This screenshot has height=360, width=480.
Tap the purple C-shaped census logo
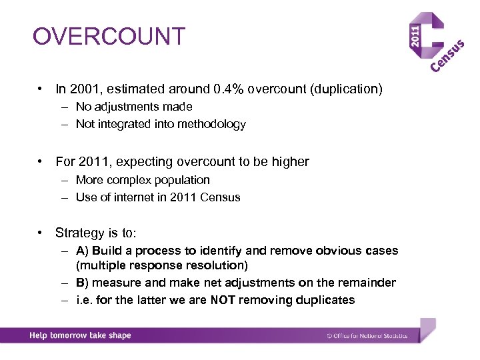point(433,39)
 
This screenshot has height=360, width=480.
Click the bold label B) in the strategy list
point(82,283)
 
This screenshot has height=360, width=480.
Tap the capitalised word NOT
point(223,300)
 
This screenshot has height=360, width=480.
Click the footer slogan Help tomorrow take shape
point(80,335)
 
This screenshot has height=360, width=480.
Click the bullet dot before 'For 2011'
point(41,161)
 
